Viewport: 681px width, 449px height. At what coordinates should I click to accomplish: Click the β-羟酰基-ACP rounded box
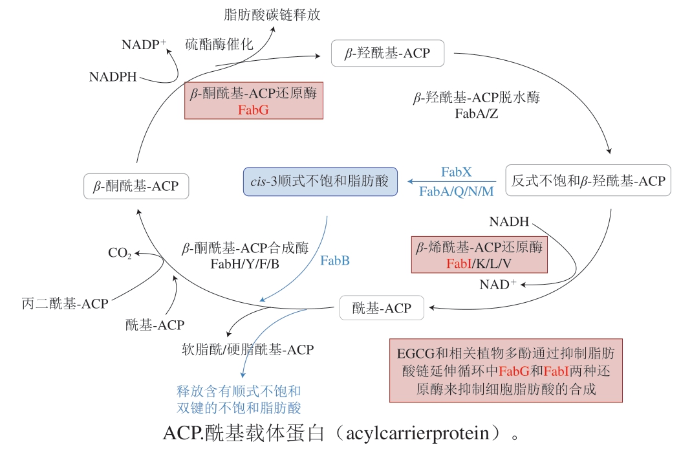coord(388,53)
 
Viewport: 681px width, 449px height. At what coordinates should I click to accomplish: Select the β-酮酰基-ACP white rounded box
coord(136,186)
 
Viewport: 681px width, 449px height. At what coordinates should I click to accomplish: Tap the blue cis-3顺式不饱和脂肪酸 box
coord(320,182)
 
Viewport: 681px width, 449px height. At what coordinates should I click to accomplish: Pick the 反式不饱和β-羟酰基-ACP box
coord(588,181)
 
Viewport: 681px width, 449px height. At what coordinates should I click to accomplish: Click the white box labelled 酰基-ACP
coord(382,309)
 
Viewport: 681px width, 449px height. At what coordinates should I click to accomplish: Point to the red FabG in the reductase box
coord(253,109)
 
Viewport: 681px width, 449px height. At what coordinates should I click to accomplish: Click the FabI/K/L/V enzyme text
coord(479,263)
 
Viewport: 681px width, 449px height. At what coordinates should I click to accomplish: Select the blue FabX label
coord(457,172)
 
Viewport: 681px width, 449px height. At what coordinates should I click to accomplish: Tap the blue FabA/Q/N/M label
coord(456,192)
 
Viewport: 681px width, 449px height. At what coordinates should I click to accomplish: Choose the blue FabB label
coord(335,261)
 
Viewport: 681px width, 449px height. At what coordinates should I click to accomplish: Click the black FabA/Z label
coord(477,115)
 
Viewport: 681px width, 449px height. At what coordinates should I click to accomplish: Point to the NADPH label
coord(113,78)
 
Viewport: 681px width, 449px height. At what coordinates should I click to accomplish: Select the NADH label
coord(509,222)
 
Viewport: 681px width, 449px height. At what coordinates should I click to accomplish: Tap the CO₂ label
coord(120,253)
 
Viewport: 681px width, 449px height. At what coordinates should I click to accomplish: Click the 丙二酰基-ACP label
coord(65,303)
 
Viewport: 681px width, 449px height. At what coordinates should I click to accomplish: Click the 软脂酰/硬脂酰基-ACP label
coord(248,349)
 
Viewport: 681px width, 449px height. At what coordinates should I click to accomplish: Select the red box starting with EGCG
coord(506,371)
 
